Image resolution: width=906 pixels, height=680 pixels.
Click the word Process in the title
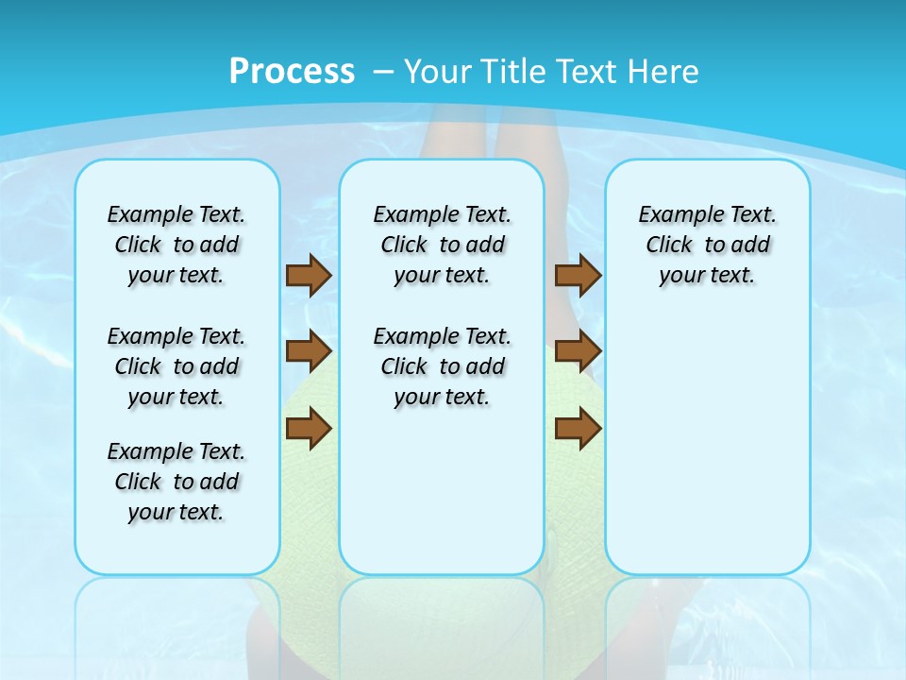click(292, 71)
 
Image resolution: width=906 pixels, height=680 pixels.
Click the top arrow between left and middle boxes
click(309, 276)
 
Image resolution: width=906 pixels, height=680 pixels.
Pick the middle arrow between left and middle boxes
click(309, 351)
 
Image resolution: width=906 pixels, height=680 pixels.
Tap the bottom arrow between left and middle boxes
click(309, 429)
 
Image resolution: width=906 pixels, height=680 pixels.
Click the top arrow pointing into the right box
click(578, 276)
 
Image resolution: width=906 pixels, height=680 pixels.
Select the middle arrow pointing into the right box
click(578, 351)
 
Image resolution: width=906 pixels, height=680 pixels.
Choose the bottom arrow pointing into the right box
click(578, 429)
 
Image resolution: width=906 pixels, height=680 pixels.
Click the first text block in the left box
click(176, 245)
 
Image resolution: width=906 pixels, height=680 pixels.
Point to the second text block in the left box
click(176, 366)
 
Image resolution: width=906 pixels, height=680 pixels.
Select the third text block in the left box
click(176, 482)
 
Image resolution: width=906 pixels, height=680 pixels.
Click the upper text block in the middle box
click(442, 245)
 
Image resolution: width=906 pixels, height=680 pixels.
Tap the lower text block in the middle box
click(442, 366)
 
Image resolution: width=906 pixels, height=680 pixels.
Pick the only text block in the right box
click(708, 245)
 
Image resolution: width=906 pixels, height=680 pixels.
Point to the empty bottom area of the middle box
click(442, 501)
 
